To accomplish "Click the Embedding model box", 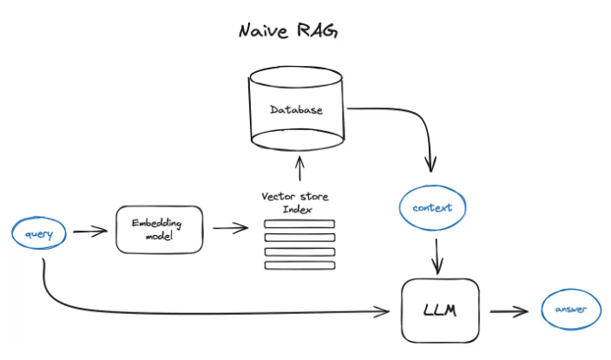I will [x=159, y=229].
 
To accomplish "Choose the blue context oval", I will [x=432, y=208].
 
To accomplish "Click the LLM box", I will [x=441, y=310].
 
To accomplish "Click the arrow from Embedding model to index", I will [x=229, y=229].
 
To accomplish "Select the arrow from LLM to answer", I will [x=509, y=310].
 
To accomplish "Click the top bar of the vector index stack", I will [x=299, y=224].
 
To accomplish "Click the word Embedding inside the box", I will [x=154, y=223].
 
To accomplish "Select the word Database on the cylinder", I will [x=296, y=110].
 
